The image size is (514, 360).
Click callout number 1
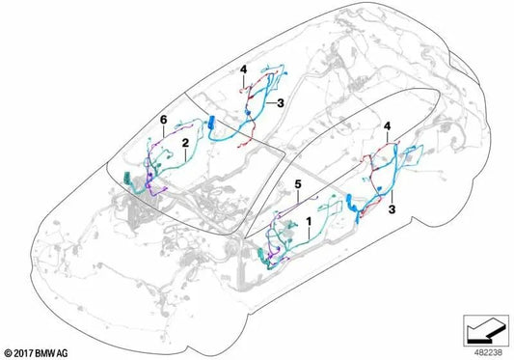307,221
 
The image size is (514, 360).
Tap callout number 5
298,183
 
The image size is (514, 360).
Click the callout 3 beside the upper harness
281,102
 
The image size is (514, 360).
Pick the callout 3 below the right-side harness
392,207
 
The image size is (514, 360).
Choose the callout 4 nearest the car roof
244,69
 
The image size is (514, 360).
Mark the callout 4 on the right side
389,126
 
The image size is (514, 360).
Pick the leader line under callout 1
307,236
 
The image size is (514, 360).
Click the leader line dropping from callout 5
298,198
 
